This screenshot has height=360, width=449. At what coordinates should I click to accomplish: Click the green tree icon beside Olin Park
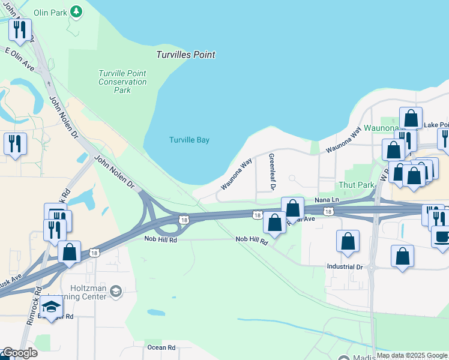[x=76, y=11]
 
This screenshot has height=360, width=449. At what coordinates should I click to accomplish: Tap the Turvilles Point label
[x=185, y=55]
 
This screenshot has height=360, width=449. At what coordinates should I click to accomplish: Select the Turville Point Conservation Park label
[x=122, y=82]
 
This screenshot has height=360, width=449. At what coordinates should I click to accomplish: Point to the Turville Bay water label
[x=189, y=140]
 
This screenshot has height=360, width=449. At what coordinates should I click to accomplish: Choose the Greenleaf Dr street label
[x=271, y=172]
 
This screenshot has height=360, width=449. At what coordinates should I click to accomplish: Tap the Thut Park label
[x=357, y=185]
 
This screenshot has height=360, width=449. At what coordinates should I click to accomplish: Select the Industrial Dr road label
[x=345, y=266]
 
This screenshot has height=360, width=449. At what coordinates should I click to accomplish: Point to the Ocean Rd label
[x=162, y=347]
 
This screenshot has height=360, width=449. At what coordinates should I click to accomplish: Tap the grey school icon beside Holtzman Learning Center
[x=116, y=292]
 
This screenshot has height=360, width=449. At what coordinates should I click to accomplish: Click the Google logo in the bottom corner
[x=19, y=353]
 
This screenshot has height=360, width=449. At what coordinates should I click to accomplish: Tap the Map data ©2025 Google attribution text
[x=411, y=355]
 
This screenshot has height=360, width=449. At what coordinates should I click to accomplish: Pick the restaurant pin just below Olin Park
[x=20, y=29]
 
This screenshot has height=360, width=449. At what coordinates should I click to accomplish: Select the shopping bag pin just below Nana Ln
[x=292, y=208]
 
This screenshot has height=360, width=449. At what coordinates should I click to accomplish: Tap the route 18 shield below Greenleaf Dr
[x=257, y=215]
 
